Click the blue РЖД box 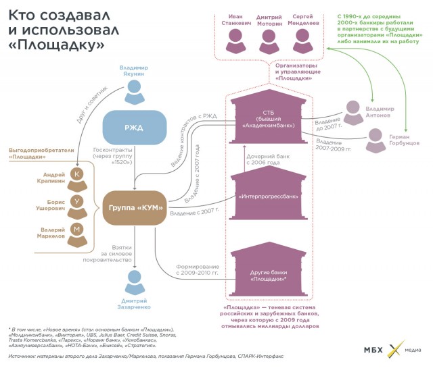pos(135,128)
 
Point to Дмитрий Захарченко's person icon pos(135,279)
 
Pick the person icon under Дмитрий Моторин pos(269,41)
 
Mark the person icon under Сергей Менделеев pos(302,41)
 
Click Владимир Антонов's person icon pos(352,109)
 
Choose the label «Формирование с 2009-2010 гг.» pos(197,269)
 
